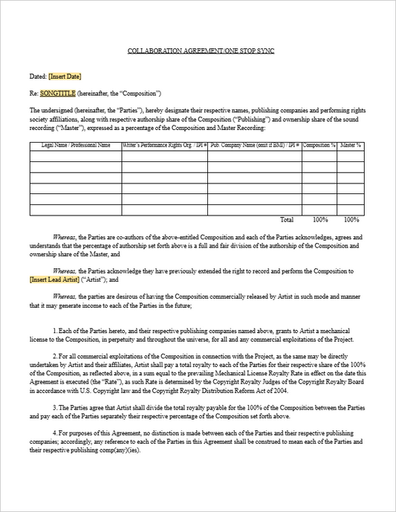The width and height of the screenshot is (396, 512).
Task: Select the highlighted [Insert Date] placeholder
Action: click(x=65, y=77)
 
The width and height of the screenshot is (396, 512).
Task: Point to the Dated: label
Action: click(x=38, y=77)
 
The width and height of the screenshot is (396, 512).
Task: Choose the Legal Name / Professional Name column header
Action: click(x=76, y=146)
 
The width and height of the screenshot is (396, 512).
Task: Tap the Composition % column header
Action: click(x=319, y=146)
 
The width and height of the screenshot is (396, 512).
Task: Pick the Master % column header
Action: click(x=350, y=146)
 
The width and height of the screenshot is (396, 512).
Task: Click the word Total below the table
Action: click(x=286, y=220)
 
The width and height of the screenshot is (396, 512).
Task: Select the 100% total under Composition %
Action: click(x=320, y=220)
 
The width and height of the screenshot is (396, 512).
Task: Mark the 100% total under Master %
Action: click(x=351, y=220)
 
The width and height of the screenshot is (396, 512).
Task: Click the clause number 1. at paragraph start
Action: click(x=56, y=328)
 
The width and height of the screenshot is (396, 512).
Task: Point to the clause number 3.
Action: click(x=56, y=406)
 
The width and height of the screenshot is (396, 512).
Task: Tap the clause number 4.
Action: click(x=56, y=432)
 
